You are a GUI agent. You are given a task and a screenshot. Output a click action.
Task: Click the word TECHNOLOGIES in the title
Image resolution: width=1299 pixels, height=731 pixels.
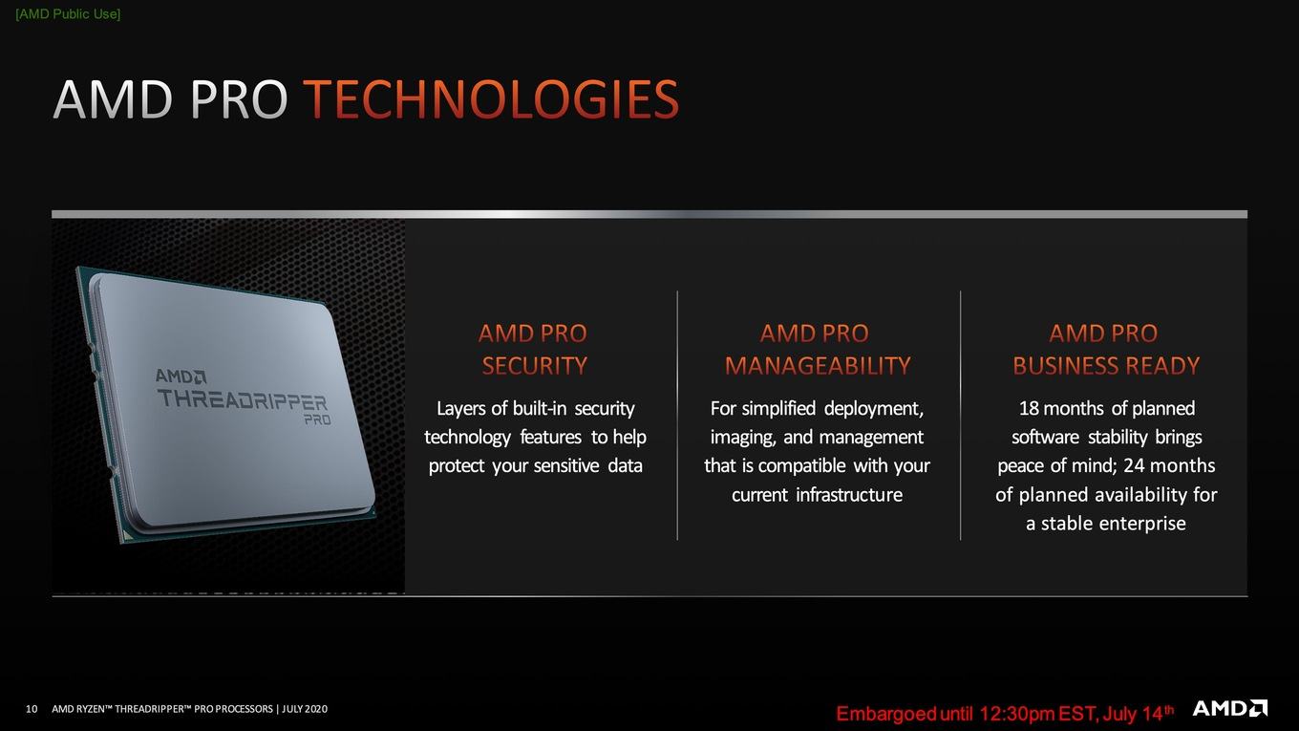click(x=491, y=99)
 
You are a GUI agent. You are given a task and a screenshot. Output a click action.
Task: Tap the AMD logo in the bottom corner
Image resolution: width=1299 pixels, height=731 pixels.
click(x=1229, y=708)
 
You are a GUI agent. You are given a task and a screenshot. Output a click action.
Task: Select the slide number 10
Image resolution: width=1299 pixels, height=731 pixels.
click(x=32, y=709)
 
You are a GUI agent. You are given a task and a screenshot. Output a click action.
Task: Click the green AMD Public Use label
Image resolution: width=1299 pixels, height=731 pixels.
click(x=68, y=14)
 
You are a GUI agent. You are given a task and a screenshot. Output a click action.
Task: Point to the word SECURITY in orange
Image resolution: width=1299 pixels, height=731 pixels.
click(x=535, y=366)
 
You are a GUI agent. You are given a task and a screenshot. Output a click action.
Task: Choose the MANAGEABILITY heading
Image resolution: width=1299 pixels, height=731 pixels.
click(x=818, y=366)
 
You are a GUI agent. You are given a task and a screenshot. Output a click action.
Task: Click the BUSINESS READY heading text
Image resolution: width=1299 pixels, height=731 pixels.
click(x=1106, y=366)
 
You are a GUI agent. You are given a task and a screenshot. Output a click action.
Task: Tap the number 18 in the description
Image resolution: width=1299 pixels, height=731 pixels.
click(x=1029, y=408)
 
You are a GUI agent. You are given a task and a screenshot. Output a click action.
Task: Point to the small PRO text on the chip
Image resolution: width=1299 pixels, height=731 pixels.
click(x=318, y=419)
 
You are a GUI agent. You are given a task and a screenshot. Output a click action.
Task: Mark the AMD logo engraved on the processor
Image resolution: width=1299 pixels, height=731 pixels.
click(x=181, y=376)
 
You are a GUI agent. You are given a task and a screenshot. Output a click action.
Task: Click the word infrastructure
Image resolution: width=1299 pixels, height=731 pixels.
click(x=849, y=495)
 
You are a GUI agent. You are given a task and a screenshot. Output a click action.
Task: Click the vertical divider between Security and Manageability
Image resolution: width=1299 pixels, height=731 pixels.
click(x=677, y=416)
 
